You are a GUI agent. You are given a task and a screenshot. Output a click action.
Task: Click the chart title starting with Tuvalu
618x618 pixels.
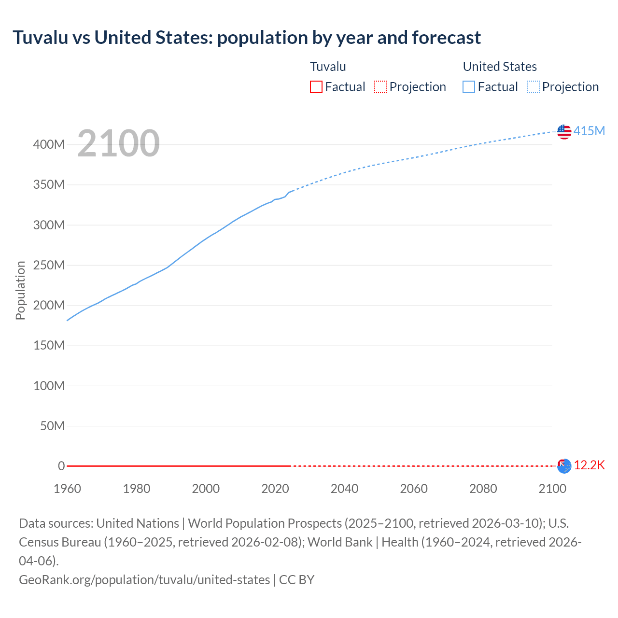tap(247, 38)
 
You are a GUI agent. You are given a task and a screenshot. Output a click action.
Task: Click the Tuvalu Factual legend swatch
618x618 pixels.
tap(316, 87)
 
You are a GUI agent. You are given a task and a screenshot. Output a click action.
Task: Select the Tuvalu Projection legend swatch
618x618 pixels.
tap(380, 87)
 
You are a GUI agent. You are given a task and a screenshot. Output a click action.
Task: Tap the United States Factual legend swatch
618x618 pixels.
tap(468, 87)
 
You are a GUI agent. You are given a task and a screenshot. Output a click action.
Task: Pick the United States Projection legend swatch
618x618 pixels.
tap(533, 87)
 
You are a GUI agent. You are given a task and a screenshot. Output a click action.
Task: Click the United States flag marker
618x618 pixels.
tap(564, 131)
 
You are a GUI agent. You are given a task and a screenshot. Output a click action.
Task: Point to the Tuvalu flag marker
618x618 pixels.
tap(564, 466)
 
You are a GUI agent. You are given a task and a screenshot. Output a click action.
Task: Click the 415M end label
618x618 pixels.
tap(589, 131)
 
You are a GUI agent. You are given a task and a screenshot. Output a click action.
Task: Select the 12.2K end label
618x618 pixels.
tap(589, 465)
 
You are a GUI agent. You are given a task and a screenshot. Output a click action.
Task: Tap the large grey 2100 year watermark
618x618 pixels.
tap(118, 143)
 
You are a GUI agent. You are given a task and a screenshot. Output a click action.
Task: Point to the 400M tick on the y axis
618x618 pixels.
tap(49, 144)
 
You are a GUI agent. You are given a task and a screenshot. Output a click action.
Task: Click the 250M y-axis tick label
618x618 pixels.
tap(49, 265)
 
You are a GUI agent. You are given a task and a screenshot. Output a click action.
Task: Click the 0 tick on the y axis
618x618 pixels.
tap(61, 466)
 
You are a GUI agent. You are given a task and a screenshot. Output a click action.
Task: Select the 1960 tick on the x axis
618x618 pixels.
tap(67, 489)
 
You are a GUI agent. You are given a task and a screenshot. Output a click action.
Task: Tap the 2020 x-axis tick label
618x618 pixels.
tap(275, 489)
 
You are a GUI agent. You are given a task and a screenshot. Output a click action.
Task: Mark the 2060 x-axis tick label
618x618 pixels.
tap(414, 489)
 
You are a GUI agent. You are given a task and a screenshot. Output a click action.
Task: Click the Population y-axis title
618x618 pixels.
tap(20, 290)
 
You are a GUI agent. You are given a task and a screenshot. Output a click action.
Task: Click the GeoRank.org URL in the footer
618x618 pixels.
tap(144, 580)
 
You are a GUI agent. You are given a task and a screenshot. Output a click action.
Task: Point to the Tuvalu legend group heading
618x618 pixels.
tap(328, 67)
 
